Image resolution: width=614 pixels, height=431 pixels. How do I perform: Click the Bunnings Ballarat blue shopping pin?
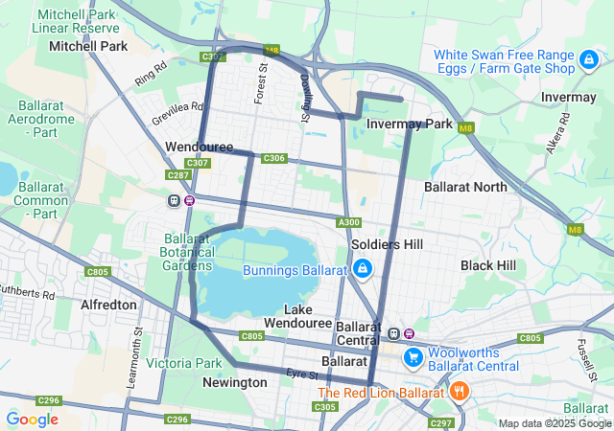tap(362, 270)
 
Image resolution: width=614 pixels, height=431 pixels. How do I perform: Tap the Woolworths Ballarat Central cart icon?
tap(413, 357)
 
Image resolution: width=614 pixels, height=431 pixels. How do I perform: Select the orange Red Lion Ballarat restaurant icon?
tap(460, 391)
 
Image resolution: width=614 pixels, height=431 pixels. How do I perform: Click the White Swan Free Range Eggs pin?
tap(586, 61)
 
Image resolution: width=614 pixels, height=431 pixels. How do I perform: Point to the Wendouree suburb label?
tap(200, 147)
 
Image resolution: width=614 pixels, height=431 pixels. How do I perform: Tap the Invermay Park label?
tap(410, 124)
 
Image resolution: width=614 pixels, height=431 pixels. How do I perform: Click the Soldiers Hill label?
tap(387, 244)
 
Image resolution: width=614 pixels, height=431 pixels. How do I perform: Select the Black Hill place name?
tap(487, 264)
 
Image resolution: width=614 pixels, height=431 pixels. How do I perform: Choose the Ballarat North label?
tap(465, 187)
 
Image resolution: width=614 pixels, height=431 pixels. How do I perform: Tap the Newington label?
tap(235, 382)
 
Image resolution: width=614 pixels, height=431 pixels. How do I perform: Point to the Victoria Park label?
tap(184, 363)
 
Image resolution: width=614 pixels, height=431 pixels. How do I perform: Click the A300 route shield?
tap(349, 223)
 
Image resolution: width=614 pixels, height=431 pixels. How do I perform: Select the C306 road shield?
tap(273, 158)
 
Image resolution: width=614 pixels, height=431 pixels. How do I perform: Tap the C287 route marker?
tap(177, 175)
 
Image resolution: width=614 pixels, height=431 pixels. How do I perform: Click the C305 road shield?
tap(325, 407)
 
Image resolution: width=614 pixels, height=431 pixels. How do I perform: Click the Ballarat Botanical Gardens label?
tap(188, 252)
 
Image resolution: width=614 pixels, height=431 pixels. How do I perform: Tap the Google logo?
tap(32, 419)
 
